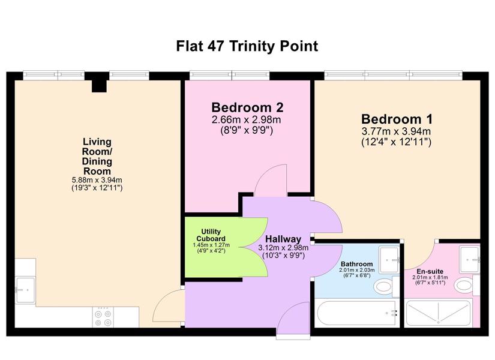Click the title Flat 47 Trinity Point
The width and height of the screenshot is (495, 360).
(x=247, y=46)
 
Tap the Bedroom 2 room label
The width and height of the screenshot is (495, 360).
(x=247, y=107)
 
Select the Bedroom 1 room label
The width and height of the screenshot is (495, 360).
(x=397, y=119)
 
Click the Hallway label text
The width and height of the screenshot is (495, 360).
(x=283, y=239)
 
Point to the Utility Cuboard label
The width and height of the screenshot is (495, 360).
(x=211, y=235)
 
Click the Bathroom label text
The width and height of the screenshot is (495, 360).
(x=357, y=263)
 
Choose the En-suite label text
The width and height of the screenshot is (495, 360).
(x=430, y=271)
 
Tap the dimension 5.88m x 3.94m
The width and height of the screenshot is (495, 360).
(x=97, y=180)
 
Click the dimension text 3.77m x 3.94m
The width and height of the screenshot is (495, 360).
(x=397, y=131)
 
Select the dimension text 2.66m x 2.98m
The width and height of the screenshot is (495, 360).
(x=247, y=119)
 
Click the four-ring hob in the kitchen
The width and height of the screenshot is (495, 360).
(x=103, y=317)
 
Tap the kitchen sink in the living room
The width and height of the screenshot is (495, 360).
(x=25, y=290)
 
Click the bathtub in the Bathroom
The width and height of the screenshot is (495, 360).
(x=357, y=314)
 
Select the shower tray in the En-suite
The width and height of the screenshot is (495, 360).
(x=438, y=313)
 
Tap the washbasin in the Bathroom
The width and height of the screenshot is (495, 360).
(x=389, y=260)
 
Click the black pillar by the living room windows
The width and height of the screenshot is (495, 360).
(x=99, y=83)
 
